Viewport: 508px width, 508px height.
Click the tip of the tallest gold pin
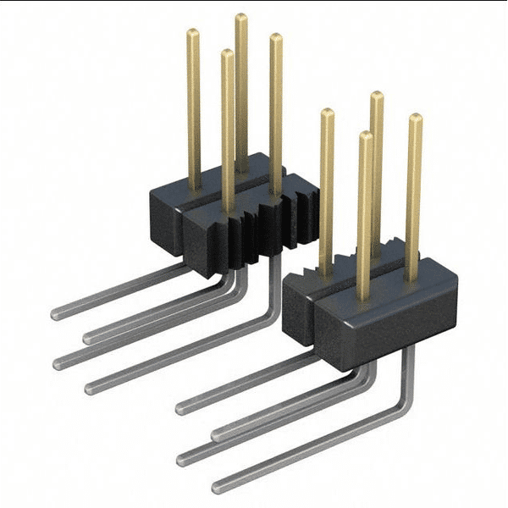pyautogui.click(x=241, y=17)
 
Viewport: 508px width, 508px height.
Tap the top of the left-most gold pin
pyautogui.click(x=193, y=33)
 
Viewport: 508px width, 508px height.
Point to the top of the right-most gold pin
pyautogui.click(x=415, y=118)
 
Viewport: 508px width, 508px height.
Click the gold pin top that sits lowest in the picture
pyautogui.click(x=366, y=135)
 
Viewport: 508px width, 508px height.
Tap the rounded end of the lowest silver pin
pyautogui.click(x=217, y=488)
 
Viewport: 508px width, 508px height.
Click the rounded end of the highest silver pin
pyautogui.click(x=55, y=314)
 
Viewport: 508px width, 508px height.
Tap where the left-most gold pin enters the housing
pyautogui.click(x=194, y=188)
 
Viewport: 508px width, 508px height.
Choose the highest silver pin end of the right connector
pyautogui.click(x=180, y=408)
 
